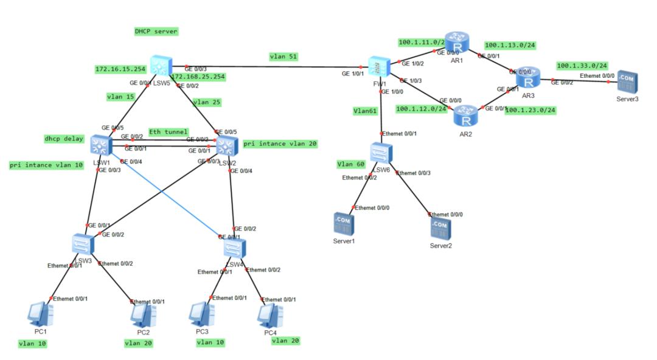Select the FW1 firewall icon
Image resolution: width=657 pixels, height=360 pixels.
click(378, 67)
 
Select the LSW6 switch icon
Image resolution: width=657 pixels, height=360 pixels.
click(380, 152)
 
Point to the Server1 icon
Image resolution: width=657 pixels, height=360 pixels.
click(344, 223)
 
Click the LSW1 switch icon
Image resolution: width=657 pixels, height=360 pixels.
click(100, 145)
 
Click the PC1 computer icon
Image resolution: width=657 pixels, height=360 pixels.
click(41, 313)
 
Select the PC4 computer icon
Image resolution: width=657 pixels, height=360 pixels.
click(270, 314)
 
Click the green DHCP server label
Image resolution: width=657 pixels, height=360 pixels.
click(156, 31)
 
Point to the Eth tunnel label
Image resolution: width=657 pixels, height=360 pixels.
click(169, 132)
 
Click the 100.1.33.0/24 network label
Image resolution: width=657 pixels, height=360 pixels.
click(582, 65)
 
